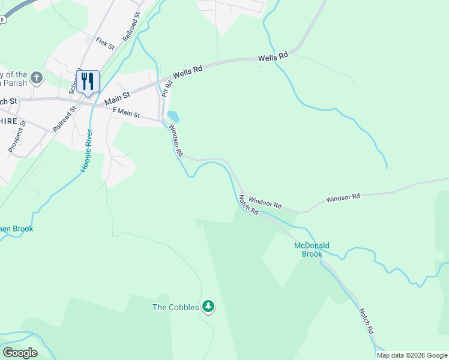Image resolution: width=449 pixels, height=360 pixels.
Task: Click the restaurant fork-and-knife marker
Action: pos(88,82)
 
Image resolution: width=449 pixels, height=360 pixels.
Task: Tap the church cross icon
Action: pos(37,77)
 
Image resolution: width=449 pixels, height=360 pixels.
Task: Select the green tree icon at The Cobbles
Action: pos(208,307)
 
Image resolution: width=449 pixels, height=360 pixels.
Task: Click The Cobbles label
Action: pos(175,308)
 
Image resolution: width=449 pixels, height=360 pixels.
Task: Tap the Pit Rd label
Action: pos(166,88)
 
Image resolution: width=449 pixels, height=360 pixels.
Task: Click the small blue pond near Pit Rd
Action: pos(173,116)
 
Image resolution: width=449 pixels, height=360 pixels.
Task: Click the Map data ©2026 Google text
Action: pos(412,355)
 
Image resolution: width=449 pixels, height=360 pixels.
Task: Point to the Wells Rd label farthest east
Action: pos(274,58)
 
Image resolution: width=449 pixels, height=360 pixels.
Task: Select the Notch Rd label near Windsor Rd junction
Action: pos(248,205)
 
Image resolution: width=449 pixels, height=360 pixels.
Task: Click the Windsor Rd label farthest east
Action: pos(343,197)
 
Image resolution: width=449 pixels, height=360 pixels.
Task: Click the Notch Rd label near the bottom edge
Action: pos(366,321)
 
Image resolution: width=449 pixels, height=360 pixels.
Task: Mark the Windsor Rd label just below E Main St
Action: pos(175,140)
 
